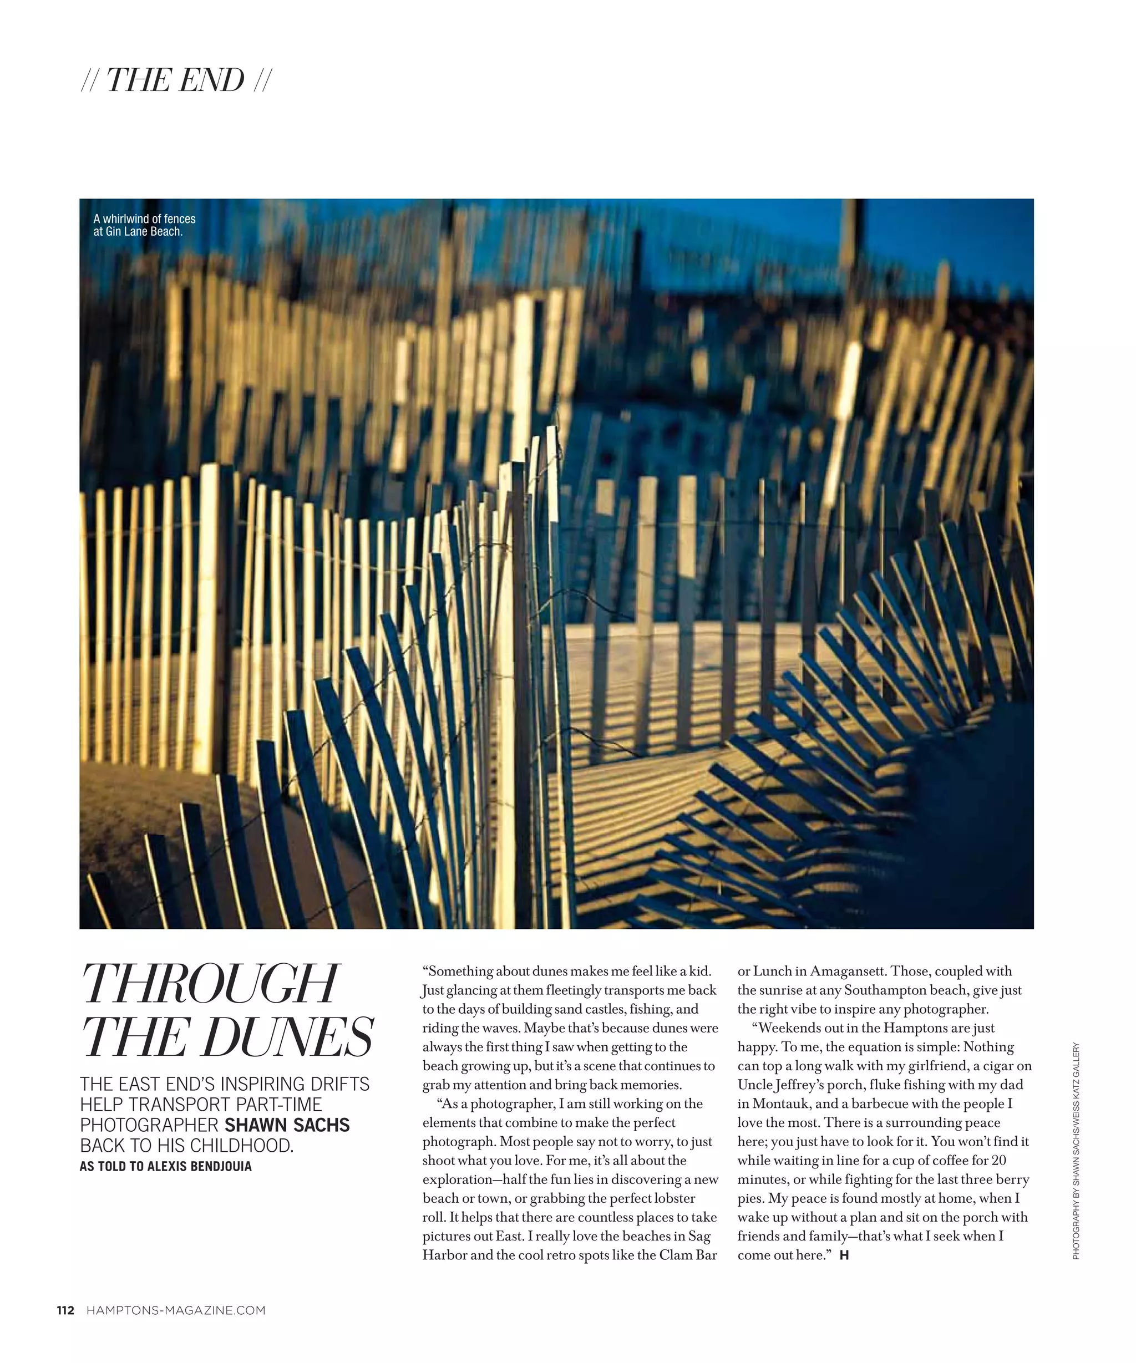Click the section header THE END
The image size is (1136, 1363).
175,80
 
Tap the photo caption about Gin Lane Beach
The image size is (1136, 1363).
144,225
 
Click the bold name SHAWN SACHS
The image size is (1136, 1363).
287,1125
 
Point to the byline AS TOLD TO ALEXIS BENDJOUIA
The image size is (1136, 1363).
165,1166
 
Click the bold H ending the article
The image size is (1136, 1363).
844,1255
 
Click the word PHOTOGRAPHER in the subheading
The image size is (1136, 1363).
149,1125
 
